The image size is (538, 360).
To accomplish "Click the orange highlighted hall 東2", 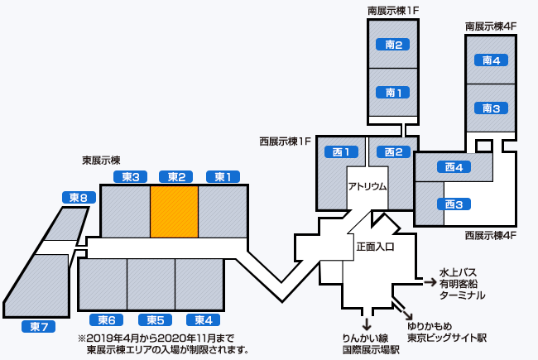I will tap(174, 212).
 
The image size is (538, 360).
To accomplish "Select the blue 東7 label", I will tap(37, 326).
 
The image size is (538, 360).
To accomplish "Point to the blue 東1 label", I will tap(223, 176).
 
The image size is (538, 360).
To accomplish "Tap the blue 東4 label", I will tap(204, 320).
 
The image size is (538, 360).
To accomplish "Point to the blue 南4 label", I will tap(492, 60).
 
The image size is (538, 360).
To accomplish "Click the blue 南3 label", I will tap(492, 108).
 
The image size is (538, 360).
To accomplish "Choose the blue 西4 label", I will tap(453, 167).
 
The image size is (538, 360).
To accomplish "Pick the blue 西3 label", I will tap(453, 204).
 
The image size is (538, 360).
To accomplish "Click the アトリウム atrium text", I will tap(367, 186).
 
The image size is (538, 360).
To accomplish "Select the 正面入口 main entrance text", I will tap(375, 246).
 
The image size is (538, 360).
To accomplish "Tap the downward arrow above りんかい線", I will tap(366, 323).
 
